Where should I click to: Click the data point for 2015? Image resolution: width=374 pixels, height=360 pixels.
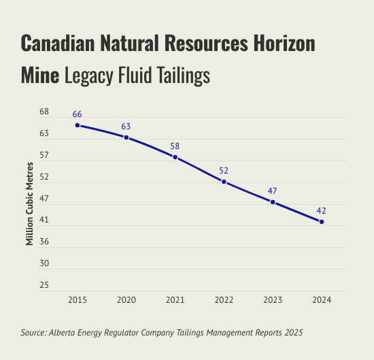point(78,125)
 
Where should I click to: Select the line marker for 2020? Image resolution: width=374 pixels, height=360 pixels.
point(126,137)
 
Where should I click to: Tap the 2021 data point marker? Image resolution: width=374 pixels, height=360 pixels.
point(175,157)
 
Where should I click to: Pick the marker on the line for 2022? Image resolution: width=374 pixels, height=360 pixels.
point(224,182)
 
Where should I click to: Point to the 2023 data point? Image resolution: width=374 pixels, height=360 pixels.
point(273,202)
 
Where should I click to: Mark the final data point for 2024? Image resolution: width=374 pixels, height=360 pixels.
point(322,222)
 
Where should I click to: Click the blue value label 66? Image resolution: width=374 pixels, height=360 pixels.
point(78,114)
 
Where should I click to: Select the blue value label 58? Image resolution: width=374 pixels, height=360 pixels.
point(175,146)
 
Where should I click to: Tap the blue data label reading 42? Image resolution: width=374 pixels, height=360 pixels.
point(321,211)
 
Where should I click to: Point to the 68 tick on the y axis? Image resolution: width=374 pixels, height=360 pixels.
point(44,112)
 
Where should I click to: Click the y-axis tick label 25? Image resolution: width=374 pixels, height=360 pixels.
point(44,285)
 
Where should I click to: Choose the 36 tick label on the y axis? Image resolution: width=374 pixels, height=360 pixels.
point(44,242)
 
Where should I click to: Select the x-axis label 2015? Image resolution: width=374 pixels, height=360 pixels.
point(78,300)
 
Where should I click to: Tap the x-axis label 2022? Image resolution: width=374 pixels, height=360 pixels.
point(224,300)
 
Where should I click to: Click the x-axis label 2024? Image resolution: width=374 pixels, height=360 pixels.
point(322,300)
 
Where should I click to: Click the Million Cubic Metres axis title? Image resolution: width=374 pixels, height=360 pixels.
point(29,203)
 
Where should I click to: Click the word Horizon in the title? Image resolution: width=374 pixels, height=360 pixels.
point(284,43)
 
